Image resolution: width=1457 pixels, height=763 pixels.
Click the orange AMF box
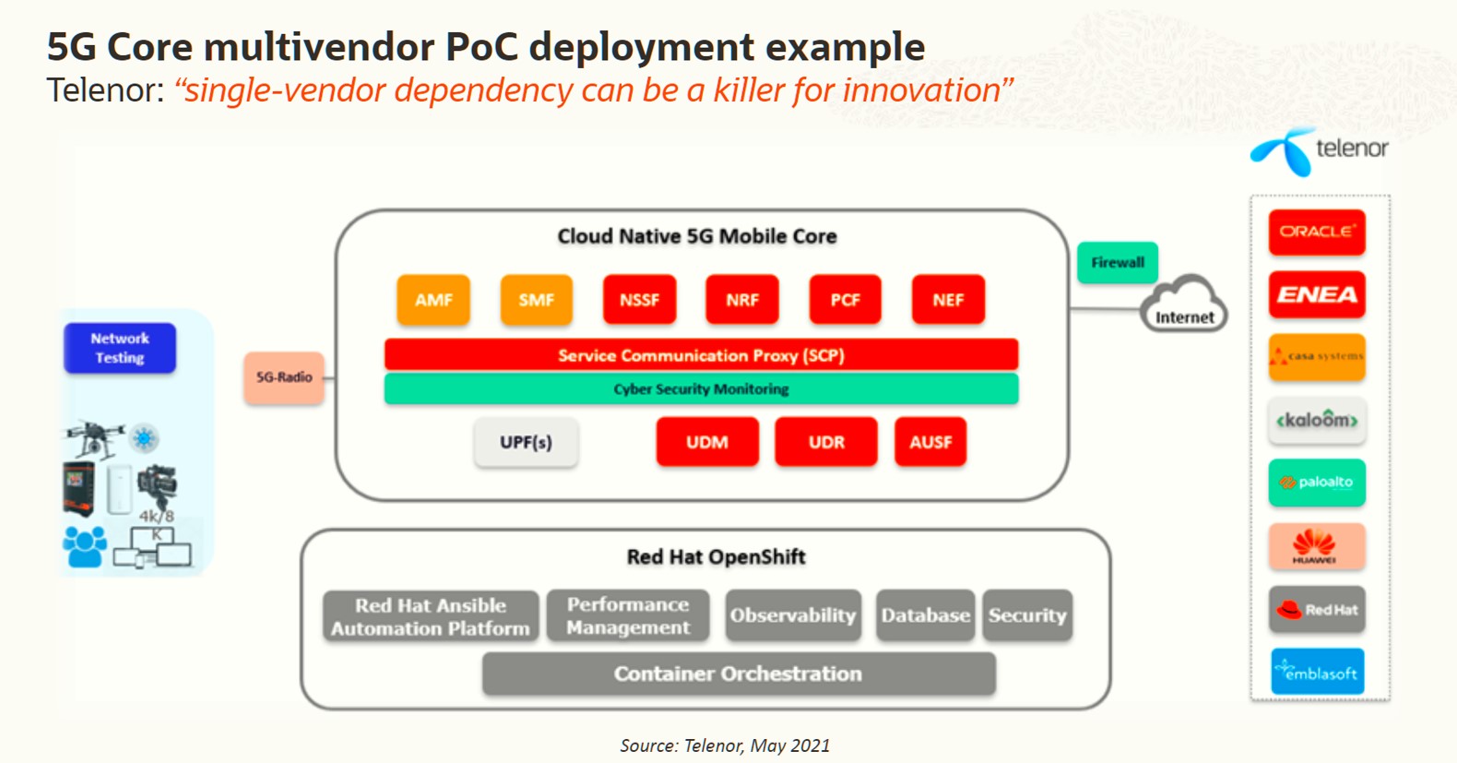click(433, 300)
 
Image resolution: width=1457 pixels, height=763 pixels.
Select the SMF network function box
click(536, 300)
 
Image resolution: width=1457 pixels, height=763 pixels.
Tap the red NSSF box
click(639, 300)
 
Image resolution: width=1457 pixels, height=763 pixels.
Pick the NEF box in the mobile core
click(948, 300)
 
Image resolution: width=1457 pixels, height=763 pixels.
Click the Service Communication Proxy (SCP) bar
click(701, 355)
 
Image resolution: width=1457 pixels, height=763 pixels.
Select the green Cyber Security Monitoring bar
click(701, 389)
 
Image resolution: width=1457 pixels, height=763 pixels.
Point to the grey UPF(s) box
click(526, 442)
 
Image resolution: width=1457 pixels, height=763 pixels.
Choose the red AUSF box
click(930, 442)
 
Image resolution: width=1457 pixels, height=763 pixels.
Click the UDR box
click(826, 442)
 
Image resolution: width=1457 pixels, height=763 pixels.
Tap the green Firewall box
click(1118, 263)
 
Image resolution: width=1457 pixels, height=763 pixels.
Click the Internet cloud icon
click(1184, 304)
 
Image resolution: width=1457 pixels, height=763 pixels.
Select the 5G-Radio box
click(284, 377)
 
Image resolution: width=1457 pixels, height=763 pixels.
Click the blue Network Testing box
click(120, 348)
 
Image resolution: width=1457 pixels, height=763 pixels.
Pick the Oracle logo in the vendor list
click(1316, 232)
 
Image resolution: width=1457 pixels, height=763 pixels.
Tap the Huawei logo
click(1316, 546)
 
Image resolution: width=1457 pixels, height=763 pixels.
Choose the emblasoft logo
click(1316, 672)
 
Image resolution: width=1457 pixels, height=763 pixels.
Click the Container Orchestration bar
click(738, 674)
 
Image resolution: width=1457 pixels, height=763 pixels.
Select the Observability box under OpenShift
click(793, 615)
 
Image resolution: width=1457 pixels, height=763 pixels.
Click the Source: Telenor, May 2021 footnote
click(725, 745)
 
